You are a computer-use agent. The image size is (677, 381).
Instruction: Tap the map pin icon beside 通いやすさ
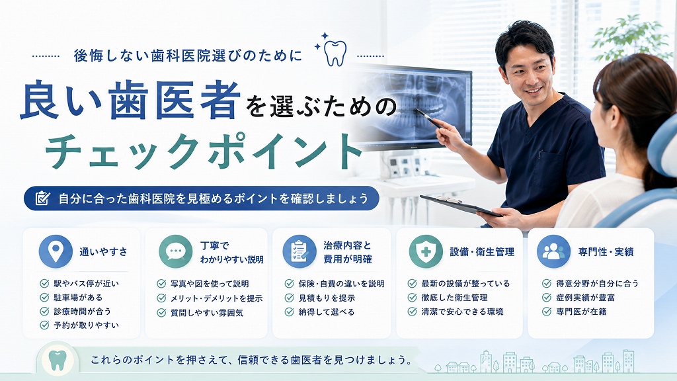click(56, 251)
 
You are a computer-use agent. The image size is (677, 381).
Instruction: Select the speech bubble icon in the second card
click(175, 251)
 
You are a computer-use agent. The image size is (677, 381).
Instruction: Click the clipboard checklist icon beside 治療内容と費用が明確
click(299, 251)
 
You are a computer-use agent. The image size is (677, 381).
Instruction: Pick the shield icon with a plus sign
click(426, 251)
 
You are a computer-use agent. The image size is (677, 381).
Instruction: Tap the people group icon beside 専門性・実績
click(553, 251)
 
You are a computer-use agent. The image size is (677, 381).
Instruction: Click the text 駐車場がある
click(78, 298)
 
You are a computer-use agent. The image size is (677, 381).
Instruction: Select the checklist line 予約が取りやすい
click(87, 325)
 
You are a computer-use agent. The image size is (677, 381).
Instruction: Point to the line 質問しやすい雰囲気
click(207, 312)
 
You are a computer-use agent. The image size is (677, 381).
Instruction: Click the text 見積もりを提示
click(327, 298)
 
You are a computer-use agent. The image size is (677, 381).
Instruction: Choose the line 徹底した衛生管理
click(455, 298)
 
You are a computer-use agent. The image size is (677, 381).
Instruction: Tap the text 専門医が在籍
click(581, 312)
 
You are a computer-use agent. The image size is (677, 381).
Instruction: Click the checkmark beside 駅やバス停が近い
click(44, 283)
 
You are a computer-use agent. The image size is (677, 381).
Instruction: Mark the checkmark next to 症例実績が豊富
click(547, 297)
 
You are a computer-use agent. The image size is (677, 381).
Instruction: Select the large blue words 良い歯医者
click(130, 101)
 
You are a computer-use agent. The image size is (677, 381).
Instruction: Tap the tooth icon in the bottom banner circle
click(58, 360)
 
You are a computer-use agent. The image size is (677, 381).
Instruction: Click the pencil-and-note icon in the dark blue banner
click(42, 198)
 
